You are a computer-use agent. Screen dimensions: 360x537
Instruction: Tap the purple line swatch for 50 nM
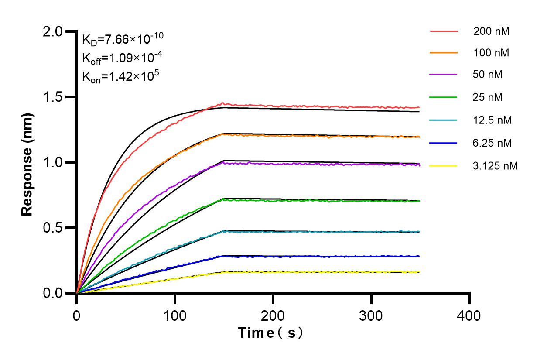[444, 75]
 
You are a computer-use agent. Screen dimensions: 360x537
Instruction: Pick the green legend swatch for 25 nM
[444, 97]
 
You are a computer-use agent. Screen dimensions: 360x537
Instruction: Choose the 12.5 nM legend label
[492, 120]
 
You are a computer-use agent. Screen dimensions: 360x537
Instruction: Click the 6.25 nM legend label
[492, 143]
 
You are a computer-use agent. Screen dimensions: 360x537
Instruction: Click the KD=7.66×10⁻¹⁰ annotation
[123, 39]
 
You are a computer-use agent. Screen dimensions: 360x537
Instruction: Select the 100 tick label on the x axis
[175, 315]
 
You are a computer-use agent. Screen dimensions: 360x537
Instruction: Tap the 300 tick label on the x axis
[371, 315]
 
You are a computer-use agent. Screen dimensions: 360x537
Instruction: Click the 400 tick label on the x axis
[469, 315]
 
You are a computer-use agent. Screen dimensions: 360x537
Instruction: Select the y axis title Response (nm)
[27, 162]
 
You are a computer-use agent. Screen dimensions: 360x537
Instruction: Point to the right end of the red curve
[419, 107]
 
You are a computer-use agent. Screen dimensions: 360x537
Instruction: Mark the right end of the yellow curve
[419, 272]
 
